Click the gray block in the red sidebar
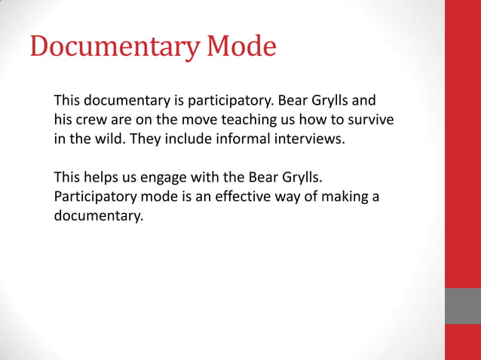point(463,306)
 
